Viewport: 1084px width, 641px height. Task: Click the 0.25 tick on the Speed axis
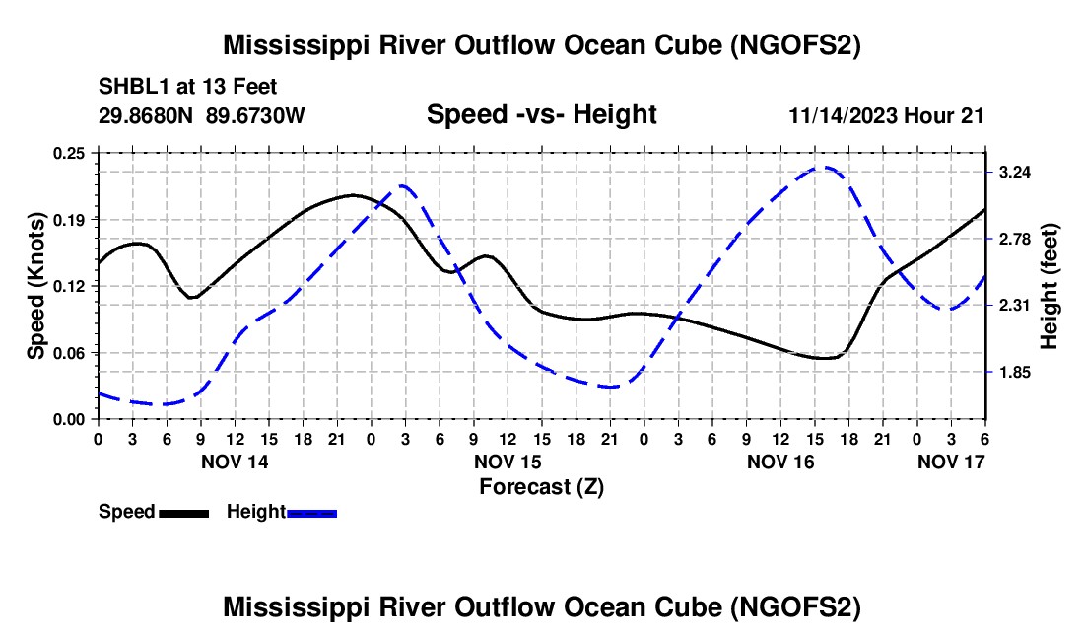tap(71, 153)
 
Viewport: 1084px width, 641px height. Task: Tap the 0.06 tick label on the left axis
tap(71, 353)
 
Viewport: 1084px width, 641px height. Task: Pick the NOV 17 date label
tap(951, 462)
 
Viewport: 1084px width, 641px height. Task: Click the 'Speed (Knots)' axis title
tap(35, 286)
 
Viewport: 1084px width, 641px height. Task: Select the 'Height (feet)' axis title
tap(1049, 286)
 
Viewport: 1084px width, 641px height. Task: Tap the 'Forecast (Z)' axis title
tap(541, 486)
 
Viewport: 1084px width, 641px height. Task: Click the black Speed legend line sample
tap(183, 512)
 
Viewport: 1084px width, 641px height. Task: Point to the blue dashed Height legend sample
tap(312, 512)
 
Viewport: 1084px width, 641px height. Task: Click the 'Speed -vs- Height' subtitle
tap(541, 114)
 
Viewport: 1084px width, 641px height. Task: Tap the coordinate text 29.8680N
tap(146, 115)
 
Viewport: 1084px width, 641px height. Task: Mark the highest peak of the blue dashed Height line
tap(826, 168)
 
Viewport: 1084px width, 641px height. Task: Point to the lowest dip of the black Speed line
tap(826, 358)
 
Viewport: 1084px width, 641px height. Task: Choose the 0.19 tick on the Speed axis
tap(71, 219)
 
